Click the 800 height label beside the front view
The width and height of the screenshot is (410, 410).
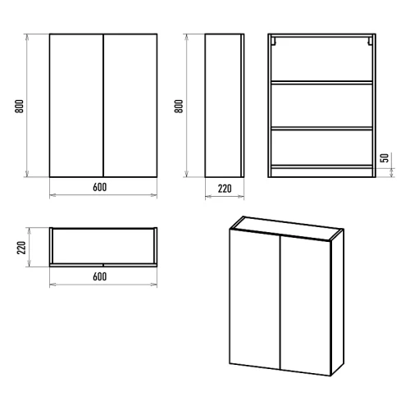[20, 107]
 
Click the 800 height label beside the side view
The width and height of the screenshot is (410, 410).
[179, 107]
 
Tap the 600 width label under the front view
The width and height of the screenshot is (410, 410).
[100, 187]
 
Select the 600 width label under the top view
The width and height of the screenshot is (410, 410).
[100, 276]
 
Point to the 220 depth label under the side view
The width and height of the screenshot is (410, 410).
[225, 189]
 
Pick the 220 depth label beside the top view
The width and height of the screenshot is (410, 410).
[21, 248]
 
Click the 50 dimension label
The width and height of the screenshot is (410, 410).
[385, 158]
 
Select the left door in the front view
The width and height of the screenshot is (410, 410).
[76, 106]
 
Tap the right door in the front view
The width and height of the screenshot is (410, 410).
[130, 106]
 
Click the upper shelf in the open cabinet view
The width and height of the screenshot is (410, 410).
[321, 82]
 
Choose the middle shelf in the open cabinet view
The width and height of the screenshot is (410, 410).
[321, 128]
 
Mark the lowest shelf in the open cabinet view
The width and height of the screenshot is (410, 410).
[321, 166]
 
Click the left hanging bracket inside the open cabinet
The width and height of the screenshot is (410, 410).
[274, 41]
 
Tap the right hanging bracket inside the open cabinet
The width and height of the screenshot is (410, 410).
[370, 41]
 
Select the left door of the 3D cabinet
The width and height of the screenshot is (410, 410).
[255, 298]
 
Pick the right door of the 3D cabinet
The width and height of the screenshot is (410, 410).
[305, 306]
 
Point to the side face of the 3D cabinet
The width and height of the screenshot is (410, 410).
[337, 303]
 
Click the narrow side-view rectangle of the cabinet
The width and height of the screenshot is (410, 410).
[225, 106]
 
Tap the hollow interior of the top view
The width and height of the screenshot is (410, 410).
[103, 246]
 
